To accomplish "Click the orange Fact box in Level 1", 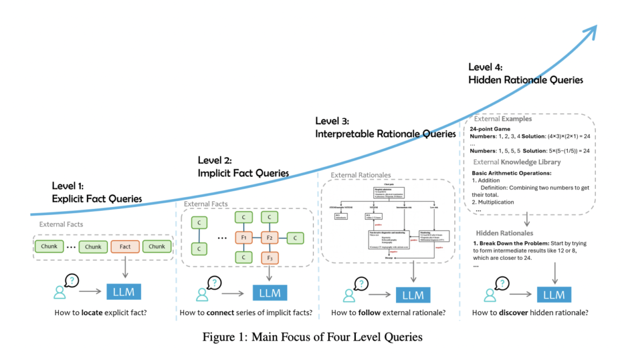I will pos(125,246).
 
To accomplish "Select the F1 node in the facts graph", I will pos(243,237).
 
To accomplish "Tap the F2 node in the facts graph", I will pos(269,237).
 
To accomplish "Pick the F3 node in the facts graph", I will pos(269,258).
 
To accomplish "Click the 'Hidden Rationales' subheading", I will pos(504,233).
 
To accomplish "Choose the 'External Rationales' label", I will pos(360,175).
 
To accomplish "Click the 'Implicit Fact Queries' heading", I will pos(242,173).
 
